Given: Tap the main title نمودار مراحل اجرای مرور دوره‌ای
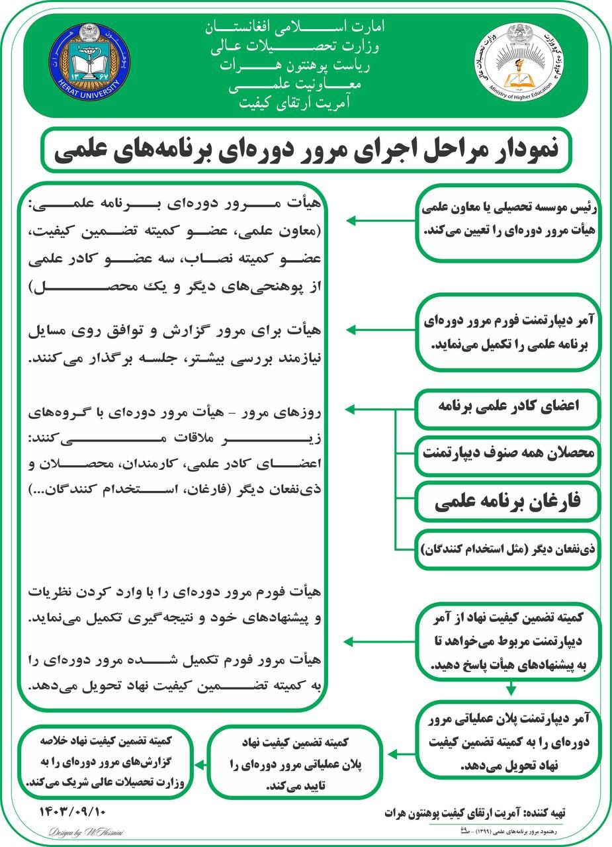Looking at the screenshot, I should (x=306, y=149).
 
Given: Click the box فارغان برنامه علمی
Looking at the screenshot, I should (x=507, y=503).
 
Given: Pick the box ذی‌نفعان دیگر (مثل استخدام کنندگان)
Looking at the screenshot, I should (x=507, y=549).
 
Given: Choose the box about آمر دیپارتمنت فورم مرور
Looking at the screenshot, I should (x=508, y=332).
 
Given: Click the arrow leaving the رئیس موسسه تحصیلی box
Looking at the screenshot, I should (x=380, y=221).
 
